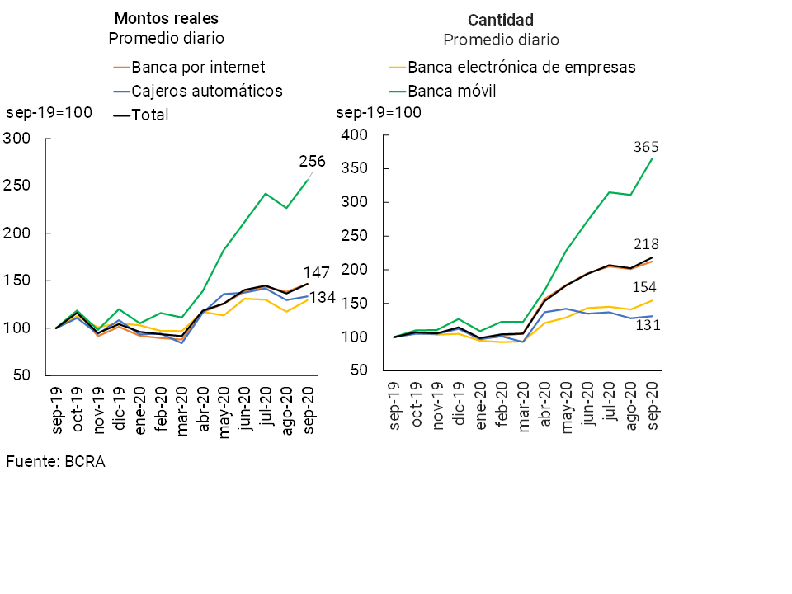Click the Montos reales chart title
click(x=166, y=18)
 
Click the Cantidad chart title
click(x=501, y=20)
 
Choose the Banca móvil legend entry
click(x=452, y=91)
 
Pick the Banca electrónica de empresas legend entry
click(x=521, y=68)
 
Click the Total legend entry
click(x=150, y=115)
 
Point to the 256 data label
click(x=312, y=162)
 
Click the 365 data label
click(x=646, y=147)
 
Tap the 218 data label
click(x=646, y=244)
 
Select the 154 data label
click(x=646, y=287)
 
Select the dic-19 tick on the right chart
click(x=459, y=407)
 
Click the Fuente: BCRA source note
click(x=55, y=461)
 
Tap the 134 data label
click(x=323, y=298)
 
